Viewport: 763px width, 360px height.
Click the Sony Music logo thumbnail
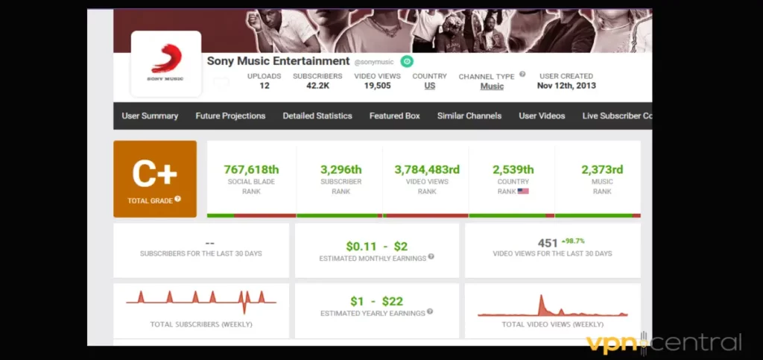coord(165,63)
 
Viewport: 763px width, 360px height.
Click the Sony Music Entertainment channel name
coord(278,61)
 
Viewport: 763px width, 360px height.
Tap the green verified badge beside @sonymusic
coord(407,62)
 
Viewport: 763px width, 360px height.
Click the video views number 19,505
coord(377,86)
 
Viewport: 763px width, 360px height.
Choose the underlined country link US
coord(430,86)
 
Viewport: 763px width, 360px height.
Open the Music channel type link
coord(492,86)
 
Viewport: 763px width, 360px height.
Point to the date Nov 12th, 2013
coord(566,86)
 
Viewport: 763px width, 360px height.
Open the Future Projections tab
coord(230,116)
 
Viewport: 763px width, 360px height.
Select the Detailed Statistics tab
coord(317,116)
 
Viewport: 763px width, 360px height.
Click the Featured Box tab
coord(394,116)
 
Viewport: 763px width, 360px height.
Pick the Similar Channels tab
coord(469,116)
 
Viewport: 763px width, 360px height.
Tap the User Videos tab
coord(542,116)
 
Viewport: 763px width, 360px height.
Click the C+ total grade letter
coord(154,174)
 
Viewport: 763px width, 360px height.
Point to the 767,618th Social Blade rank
coord(251,169)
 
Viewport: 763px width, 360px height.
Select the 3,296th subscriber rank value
coord(341,169)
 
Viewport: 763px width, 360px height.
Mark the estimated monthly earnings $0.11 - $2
coord(376,246)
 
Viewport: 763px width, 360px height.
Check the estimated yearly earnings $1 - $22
coord(376,301)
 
